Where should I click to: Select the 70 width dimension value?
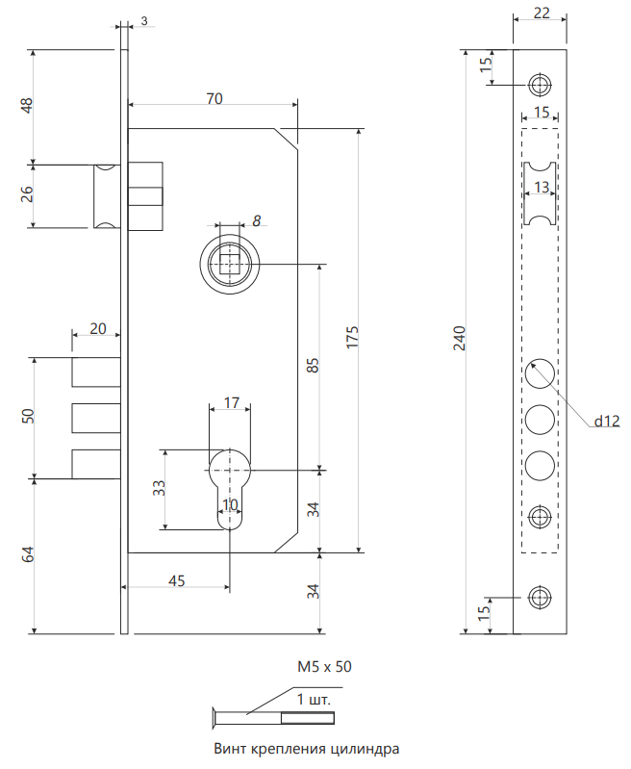[214, 98]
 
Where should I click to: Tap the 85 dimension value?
[312, 367]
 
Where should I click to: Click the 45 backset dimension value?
[177, 580]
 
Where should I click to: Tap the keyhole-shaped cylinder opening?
[230, 484]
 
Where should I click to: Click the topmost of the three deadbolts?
[96, 371]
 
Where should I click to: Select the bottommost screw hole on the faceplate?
[541, 599]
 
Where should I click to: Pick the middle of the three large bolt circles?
[541, 420]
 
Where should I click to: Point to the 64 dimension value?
[27, 555]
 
